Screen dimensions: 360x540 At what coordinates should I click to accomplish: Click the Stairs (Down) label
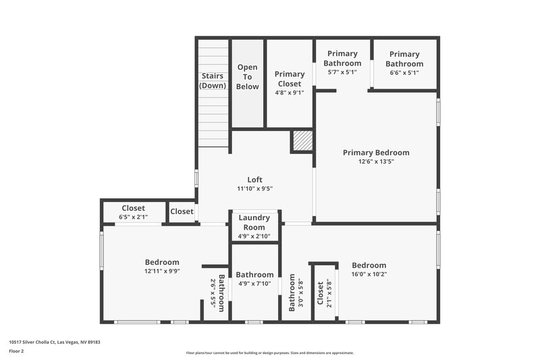pos(213,80)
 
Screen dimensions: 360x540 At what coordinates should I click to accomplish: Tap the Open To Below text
pos(247,77)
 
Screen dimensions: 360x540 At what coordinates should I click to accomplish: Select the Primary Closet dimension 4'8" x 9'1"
pos(289,93)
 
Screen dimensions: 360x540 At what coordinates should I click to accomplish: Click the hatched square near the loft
pos(302,140)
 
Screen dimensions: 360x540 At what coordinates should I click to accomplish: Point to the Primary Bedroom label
pos(375,153)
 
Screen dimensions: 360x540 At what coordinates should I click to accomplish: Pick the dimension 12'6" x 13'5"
pos(375,161)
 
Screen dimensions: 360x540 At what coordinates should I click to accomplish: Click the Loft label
pos(254,180)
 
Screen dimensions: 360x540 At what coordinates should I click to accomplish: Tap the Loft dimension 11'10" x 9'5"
pos(254,188)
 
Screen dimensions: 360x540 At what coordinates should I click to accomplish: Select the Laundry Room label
pos(254,222)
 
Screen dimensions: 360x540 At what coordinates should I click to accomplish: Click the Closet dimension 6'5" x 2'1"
pos(133,217)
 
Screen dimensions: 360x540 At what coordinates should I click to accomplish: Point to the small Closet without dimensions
pos(182,211)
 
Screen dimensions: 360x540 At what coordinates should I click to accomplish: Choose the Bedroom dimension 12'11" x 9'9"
pos(162,271)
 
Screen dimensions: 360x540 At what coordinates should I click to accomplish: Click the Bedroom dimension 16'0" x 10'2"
pos(369,274)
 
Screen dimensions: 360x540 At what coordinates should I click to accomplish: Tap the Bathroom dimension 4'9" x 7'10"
pos(254,284)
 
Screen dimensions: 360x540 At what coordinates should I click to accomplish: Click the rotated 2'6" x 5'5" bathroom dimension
pos(213,292)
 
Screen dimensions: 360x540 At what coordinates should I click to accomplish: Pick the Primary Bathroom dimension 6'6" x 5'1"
pos(404,72)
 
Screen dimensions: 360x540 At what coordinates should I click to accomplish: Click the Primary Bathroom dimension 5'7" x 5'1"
pos(342,72)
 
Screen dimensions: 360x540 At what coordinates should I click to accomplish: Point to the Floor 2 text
pos(16,351)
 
